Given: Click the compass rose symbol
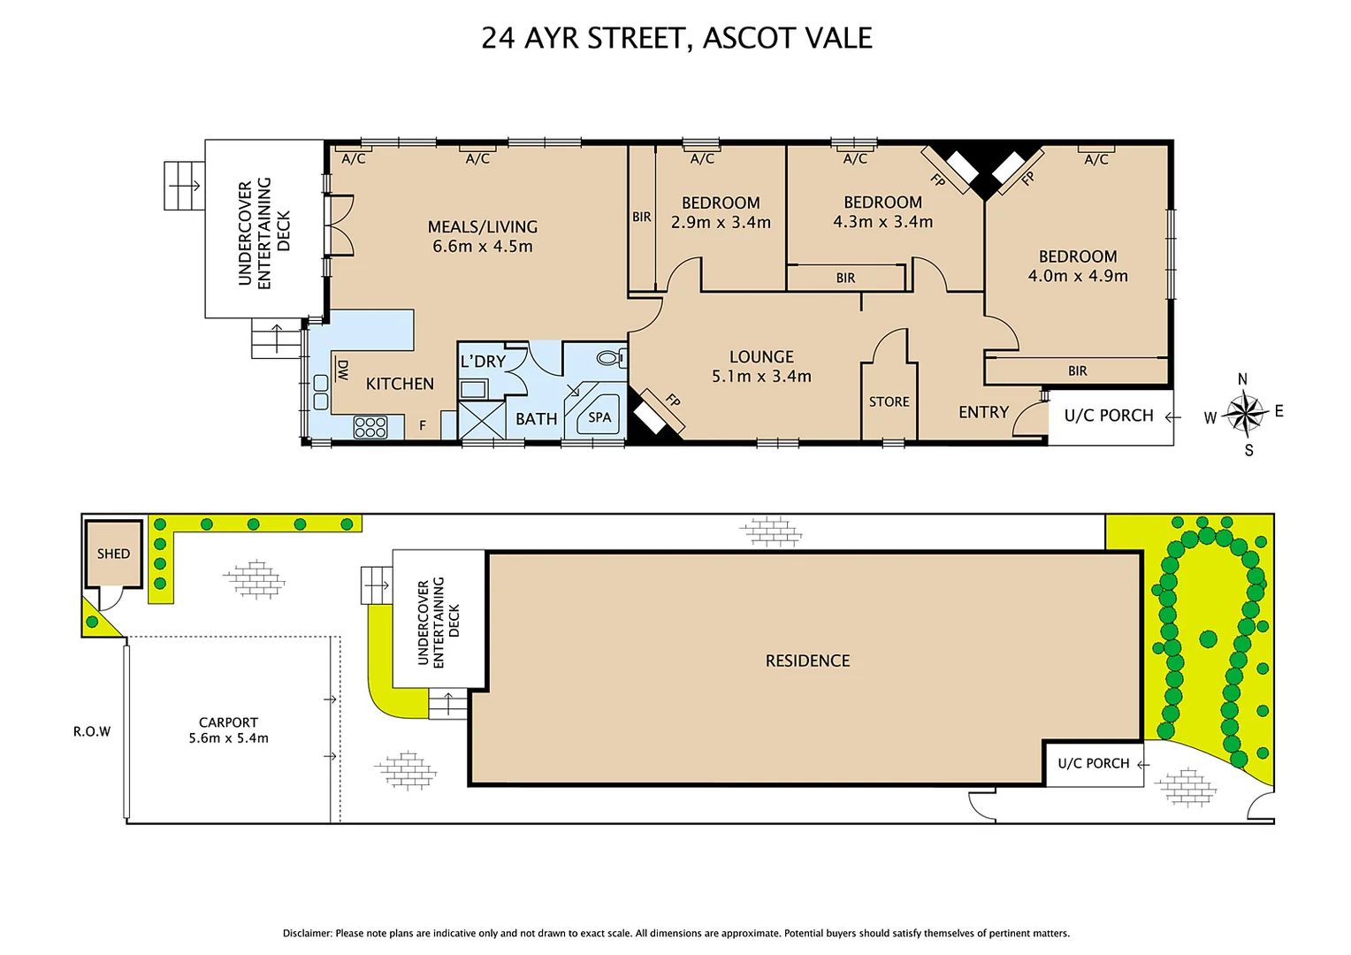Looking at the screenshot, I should (x=1244, y=414).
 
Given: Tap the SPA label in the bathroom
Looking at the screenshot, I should (x=599, y=417).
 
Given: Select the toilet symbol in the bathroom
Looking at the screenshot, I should (x=609, y=358).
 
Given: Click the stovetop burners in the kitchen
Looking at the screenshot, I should (x=370, y=427).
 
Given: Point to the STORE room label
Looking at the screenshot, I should (x=889, y=401).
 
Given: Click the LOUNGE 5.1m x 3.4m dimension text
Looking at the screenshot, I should (x=761, y=377).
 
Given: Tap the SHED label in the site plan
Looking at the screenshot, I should (x=113, y=554).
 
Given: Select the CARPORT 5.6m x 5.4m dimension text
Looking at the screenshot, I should (x=228, y=738).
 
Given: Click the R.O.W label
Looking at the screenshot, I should (x=92, y=731).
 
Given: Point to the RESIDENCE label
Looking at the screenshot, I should (x=807, y=661).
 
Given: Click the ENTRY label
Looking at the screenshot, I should (x=983, y=412).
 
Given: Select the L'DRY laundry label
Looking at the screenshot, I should (x=483, y=362).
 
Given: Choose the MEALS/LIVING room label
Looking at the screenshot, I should (x=483, y=227).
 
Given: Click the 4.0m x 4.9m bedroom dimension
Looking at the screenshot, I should (x=1078, y=276).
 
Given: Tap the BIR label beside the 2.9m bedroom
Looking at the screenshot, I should (x=642, y=217).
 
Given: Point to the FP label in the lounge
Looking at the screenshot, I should (x=673, y=401).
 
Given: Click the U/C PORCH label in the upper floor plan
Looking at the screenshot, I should (x=1109, y=416).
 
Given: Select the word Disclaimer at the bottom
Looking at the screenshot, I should (x=307, y=933).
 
